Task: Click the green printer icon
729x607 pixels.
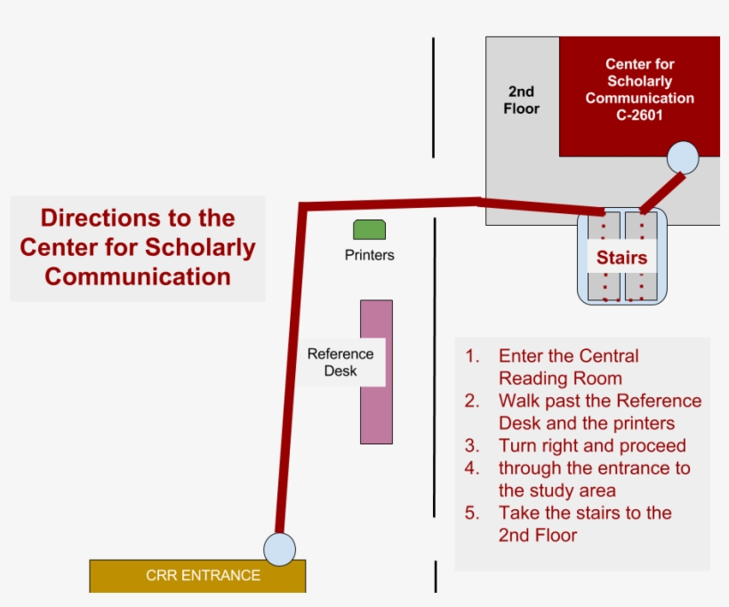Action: [369, 229]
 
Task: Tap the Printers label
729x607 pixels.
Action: [369, 255]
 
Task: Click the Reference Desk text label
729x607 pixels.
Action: [340, 362]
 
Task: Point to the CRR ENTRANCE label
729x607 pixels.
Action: [203, 576]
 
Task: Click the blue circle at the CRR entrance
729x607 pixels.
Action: [279, 548]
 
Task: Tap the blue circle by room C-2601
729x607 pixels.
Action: [683, 157]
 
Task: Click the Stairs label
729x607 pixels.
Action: [621, 260]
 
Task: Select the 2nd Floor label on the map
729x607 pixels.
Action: [522, 100]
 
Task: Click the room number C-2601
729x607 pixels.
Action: [639, 116]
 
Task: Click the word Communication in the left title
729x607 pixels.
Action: [138, 276]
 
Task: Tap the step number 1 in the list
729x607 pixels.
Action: [472, 356]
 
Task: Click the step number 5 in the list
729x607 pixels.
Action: [472, 513]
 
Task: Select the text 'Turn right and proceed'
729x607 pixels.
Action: [592, 445]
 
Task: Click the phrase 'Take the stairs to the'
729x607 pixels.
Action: [585, 513]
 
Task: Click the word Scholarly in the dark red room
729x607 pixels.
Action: [640, 81]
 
